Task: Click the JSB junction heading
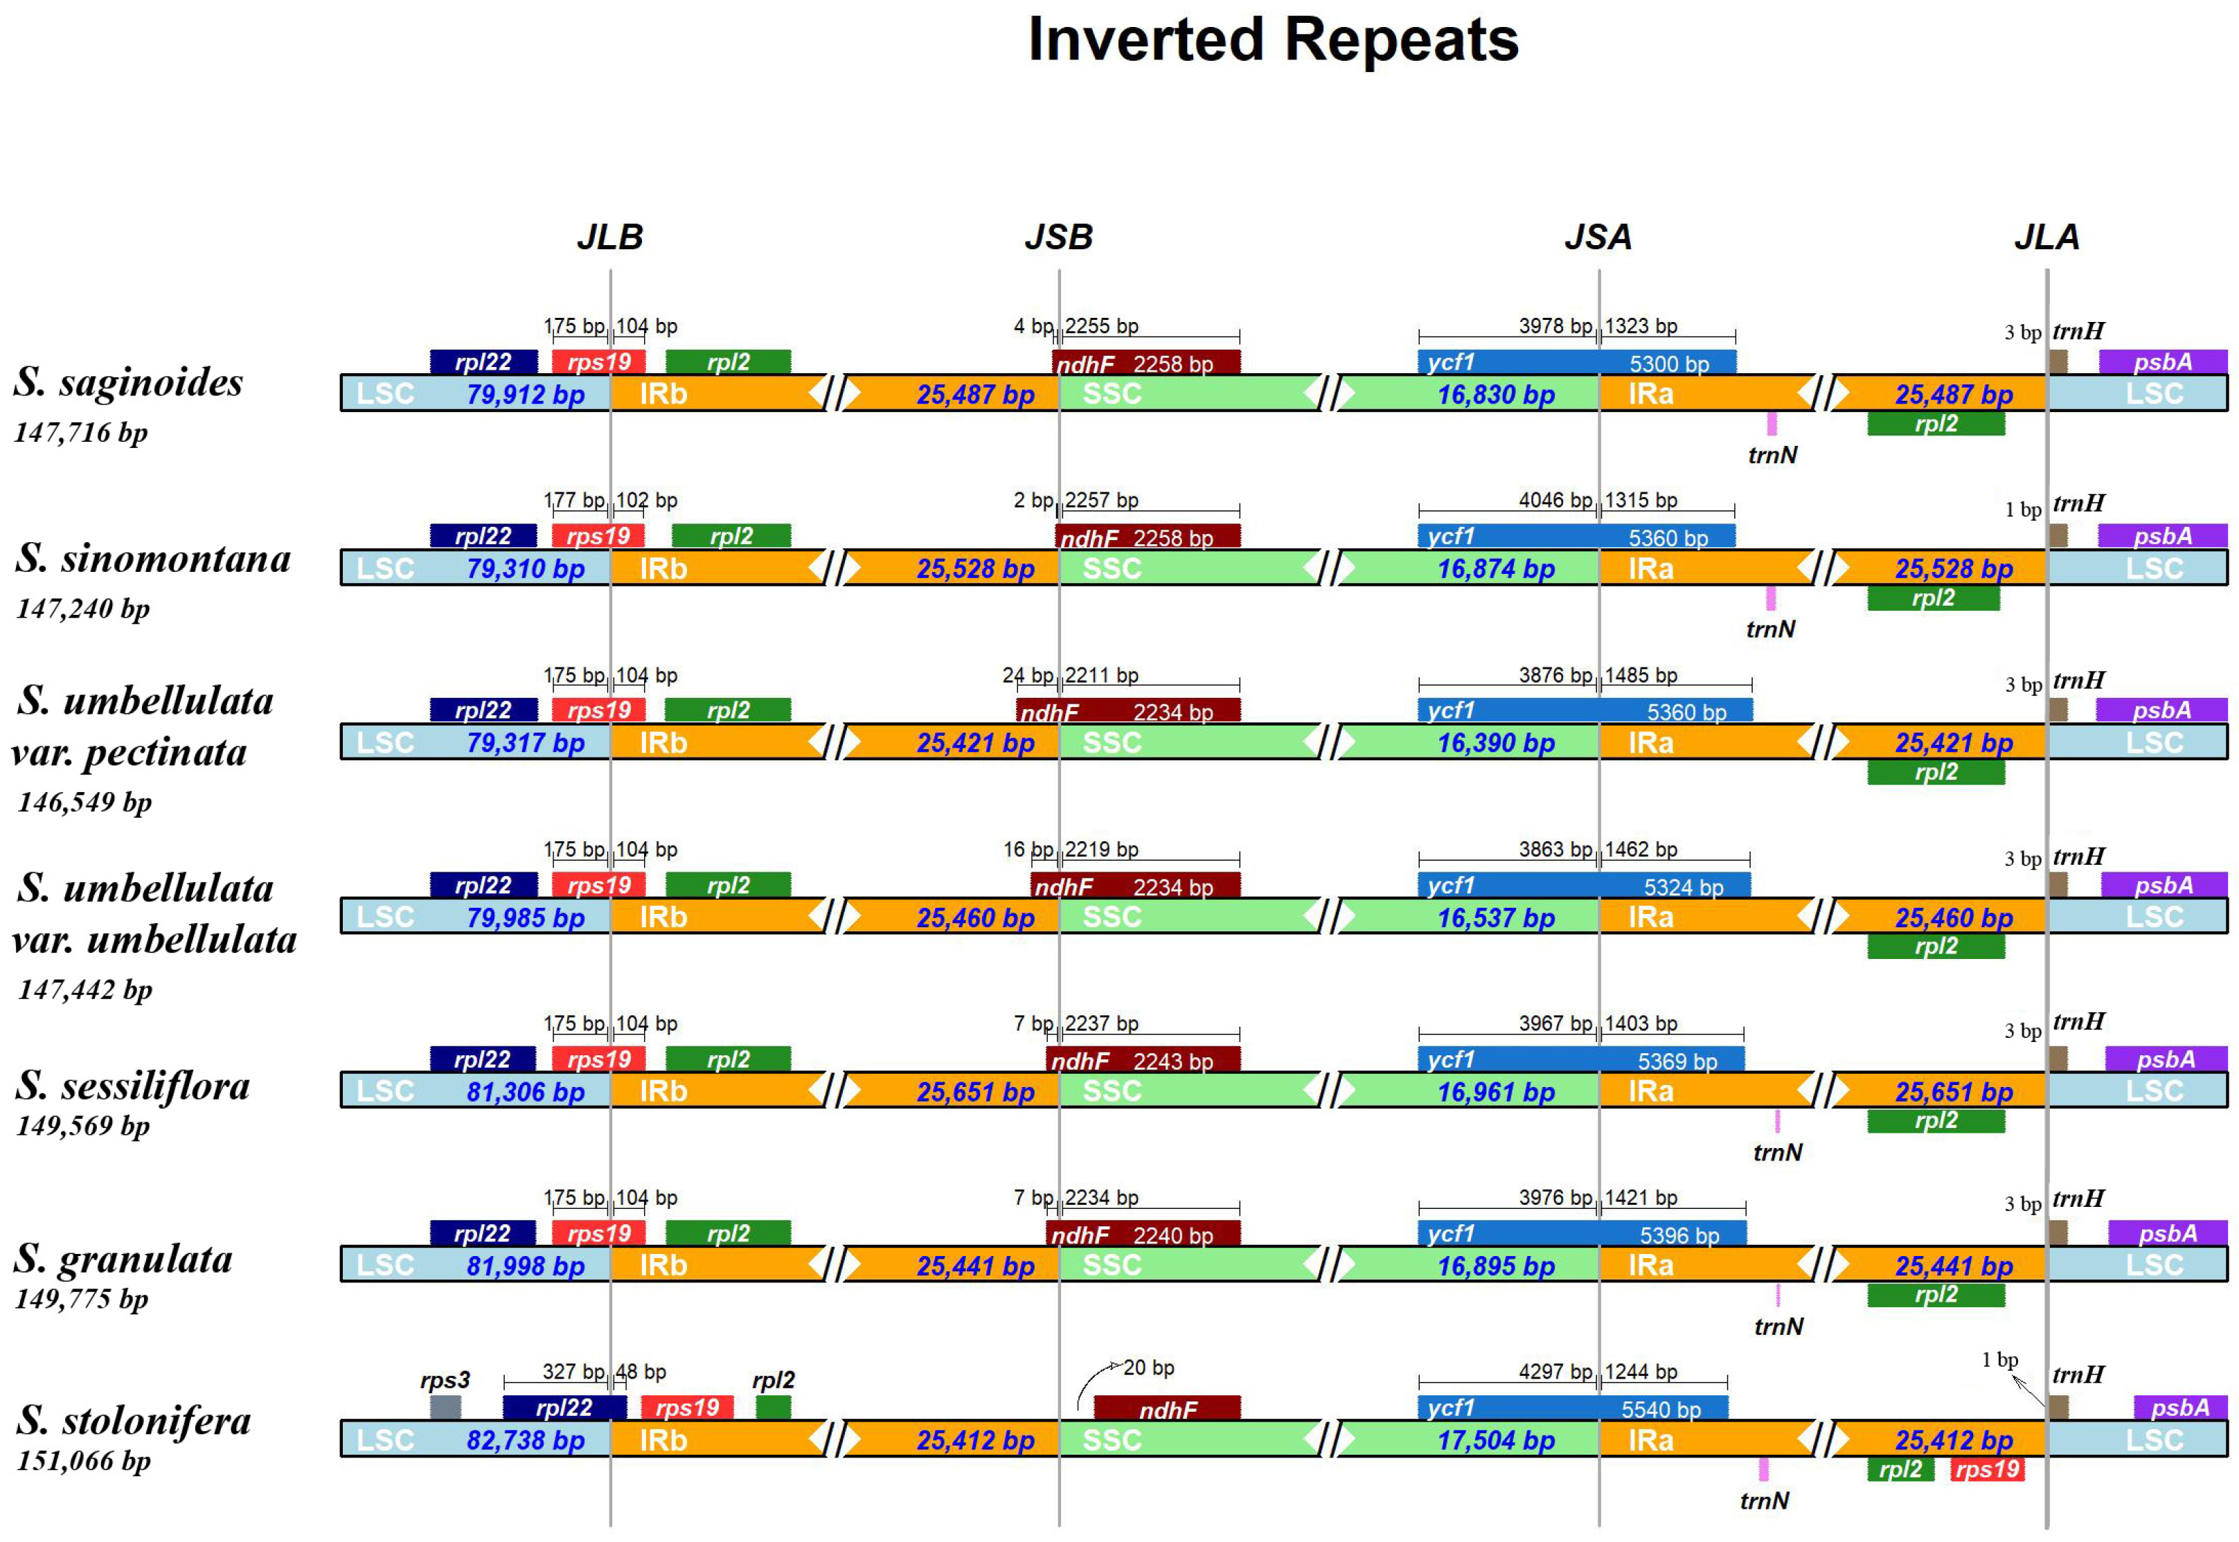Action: point(1058,237)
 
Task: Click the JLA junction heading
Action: point(2046,237)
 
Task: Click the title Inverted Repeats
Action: point(1273,41)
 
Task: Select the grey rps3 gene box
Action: point(445,1407)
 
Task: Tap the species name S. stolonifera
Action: point(134,1420)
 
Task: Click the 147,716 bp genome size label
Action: point(81,432)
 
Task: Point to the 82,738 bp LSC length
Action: point(526,1440)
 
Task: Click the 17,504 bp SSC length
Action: point(1496,1440)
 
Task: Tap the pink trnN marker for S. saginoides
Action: point(1772,423)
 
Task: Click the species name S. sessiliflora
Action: point(132,1086)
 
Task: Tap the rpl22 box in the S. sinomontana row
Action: point(483,536)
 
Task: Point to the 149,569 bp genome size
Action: point(83,1126)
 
